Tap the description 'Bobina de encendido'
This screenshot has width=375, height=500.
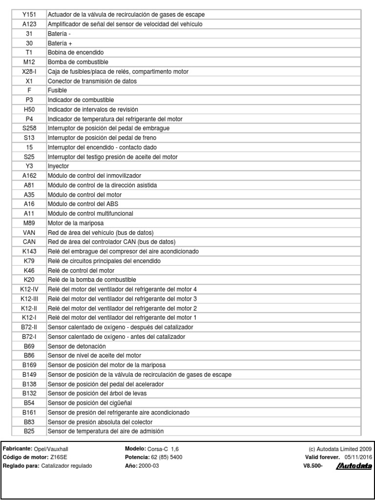coord(76,52)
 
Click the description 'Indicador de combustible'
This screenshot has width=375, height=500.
coord(81,100)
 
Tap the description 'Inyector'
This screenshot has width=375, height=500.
coord(59,166)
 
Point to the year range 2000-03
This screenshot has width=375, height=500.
coord(149,466)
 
